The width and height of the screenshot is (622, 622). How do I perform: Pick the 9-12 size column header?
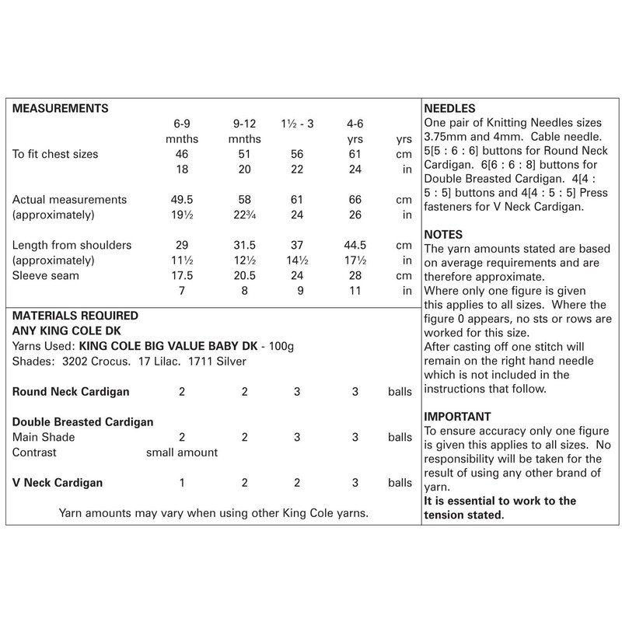click(x=243, y=123)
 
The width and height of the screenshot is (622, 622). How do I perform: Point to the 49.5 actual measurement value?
click(x=181, y=200)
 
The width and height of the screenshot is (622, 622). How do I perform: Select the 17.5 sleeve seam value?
click(x=181, y=276)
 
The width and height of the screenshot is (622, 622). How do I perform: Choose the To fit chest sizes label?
click(x=56, y=154)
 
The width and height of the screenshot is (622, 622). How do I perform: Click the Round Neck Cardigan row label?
click(x=72, y=391)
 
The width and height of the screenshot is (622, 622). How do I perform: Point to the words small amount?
click(x=182, y=452)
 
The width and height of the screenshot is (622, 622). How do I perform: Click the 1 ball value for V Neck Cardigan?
click(x=181, y=483)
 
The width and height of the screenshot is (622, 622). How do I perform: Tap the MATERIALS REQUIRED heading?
click(x=76, y=316)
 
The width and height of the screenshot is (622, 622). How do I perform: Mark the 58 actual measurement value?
click(x=243, y=200)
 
